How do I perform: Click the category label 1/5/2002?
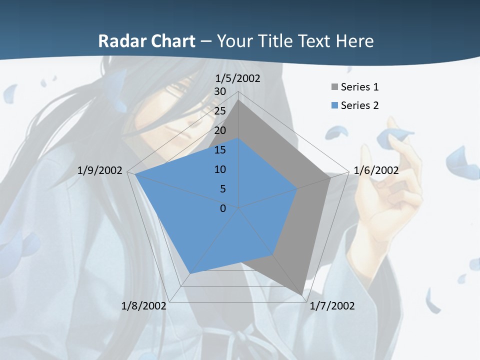click(x=238, y=78)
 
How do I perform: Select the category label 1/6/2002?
click(x=376, y=170)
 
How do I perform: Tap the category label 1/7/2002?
click(x=332, y=306)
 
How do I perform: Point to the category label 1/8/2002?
click(x=143, y=306)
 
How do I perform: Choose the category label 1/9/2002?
click(x=100, y=170)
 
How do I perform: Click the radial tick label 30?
click(x=220, y=91)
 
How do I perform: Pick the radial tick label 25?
click(x=220, y=111)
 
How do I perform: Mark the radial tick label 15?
click(x=220, y=150)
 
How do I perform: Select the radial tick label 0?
click(x=223, y=208)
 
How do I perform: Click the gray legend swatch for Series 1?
click(x=334, y=87)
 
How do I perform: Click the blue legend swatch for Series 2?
click(x=334, y=105)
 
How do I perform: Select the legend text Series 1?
click(x=359, y=87)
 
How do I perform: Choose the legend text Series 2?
click(x=359, y=105)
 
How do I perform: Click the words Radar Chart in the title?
click(x=146, y=41)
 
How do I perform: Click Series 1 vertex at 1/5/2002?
click(x=238, y=99)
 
